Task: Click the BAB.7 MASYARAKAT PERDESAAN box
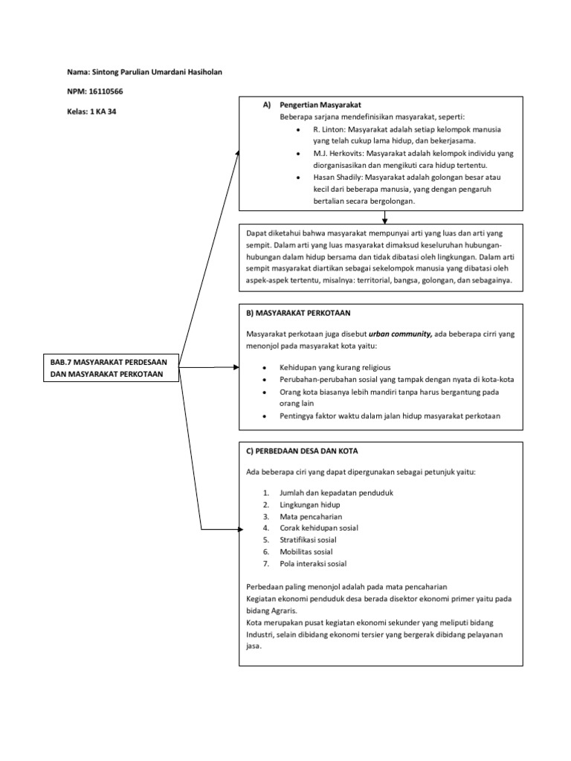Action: pyautogui.click(x=112, y=367)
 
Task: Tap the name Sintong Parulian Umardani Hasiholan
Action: pyautogui.click(x=155, y=71)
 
